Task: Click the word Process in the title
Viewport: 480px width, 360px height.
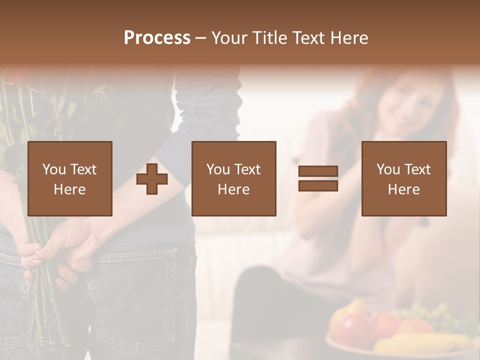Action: (x=157, y=38)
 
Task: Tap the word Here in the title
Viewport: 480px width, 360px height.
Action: (x=349, y=38)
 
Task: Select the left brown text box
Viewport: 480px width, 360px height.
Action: (x=69, y=178)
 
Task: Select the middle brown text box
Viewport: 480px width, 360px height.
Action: (x=233, y=178)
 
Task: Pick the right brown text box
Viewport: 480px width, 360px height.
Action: (x=403, y=178)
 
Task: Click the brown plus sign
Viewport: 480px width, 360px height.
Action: (x=152, y=178)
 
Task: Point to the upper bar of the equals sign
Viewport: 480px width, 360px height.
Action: (x=318, y=171)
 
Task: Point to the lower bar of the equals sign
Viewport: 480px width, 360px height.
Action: (x=318, y=185)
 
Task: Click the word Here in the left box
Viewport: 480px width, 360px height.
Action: (x=69, y=189)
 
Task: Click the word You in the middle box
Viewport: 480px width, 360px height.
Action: (x=218, y=169)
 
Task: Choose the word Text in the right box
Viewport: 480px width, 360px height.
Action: (x=417, y=169)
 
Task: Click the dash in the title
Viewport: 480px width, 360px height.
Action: (x=200, y=38)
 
